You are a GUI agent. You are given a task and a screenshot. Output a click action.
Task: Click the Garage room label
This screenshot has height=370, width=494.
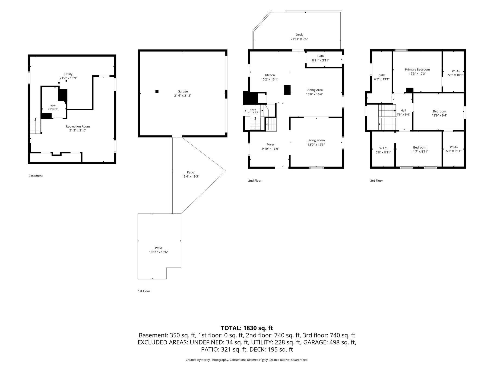(183, 92)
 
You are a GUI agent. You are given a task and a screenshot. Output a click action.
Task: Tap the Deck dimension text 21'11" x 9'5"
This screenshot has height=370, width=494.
(299, 39)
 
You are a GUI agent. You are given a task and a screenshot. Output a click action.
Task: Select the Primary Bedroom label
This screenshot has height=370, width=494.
(417, 70)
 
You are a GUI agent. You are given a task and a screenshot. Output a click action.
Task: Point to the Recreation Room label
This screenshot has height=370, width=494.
(78, 127)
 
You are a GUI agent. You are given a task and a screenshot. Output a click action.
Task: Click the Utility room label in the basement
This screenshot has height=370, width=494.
(68, 74)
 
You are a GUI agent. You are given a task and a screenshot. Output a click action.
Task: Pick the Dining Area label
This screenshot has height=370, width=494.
(315, 90)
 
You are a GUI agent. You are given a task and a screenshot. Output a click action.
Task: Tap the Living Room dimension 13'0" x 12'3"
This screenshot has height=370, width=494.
(316, 145)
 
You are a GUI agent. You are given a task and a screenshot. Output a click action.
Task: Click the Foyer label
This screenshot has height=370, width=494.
(270, 144)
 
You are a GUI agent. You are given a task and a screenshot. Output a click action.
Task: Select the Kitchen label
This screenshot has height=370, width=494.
(270, 75)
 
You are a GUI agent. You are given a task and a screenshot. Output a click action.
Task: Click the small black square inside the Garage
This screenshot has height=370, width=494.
(157, 92)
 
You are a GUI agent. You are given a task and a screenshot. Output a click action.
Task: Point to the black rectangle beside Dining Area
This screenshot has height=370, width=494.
(287, 90)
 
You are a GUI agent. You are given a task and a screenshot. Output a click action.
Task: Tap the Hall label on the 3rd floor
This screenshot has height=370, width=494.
(403, 111)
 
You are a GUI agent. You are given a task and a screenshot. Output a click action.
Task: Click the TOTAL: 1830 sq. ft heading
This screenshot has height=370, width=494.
(247, 328)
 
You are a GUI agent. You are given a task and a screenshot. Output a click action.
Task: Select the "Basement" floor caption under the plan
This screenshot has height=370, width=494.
(36, 176)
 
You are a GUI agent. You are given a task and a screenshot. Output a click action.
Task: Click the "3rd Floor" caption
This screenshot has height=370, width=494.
(376, 181)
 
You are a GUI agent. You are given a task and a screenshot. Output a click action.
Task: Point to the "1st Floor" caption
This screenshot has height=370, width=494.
(144, 291)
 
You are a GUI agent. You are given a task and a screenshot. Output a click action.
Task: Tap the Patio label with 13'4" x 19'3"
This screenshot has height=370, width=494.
(191, 172)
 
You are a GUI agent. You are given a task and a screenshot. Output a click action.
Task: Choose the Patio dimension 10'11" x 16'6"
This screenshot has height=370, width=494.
(159, 252)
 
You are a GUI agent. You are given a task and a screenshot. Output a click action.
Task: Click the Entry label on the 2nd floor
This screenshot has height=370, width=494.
(253, 110)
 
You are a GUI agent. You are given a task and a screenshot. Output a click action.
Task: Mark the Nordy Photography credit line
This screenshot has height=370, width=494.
(247, 360)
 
